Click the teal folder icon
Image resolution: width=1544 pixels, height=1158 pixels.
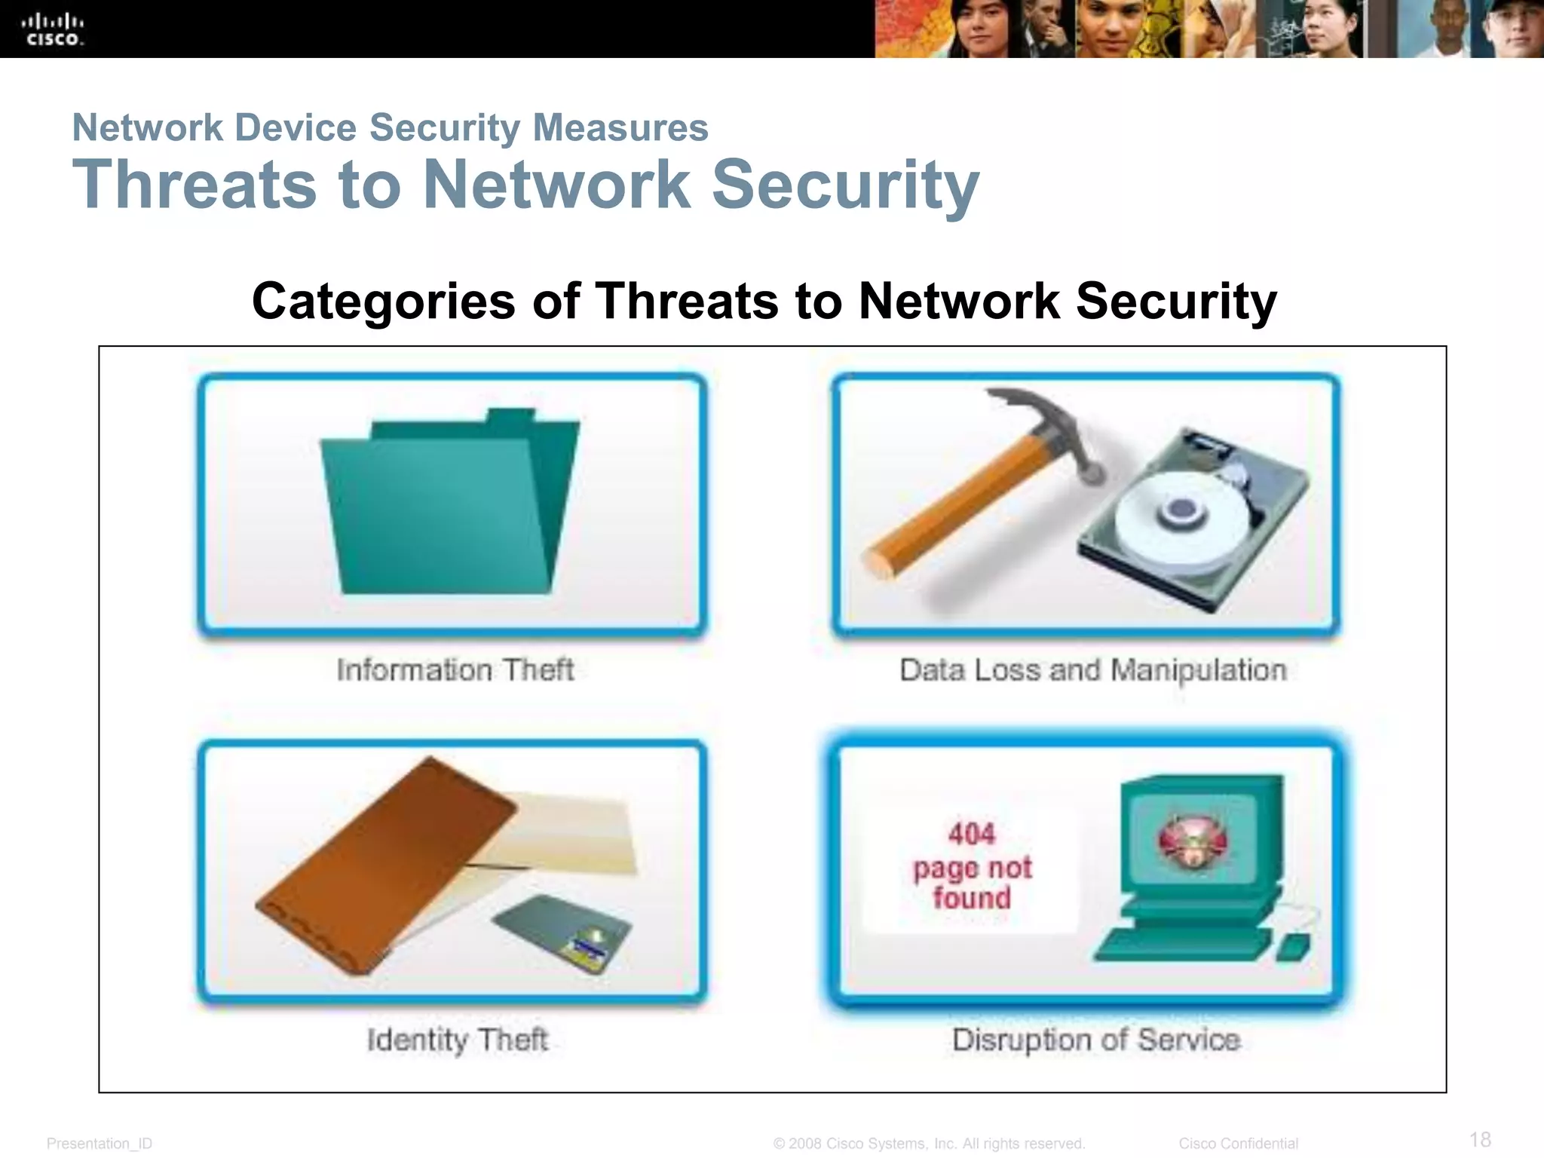tap(445, 513)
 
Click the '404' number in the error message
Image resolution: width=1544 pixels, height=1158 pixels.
tap(971, 834)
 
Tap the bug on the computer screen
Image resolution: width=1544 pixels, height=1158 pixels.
tap(1191, 841)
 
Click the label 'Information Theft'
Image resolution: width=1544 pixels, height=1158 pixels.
tap(455, 669)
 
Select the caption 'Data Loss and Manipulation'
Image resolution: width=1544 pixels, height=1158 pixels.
tap(1093, 669)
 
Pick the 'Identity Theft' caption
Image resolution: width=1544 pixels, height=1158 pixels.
tap(457, 1040)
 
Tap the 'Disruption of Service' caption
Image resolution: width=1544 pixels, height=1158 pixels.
tap(1095, 1040)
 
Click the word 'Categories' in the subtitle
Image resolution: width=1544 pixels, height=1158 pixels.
tap(384, 301)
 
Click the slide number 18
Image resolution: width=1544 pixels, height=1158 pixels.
tap(1480, 1138)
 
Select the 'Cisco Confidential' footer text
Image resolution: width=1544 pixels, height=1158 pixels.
tap(1238, 1144)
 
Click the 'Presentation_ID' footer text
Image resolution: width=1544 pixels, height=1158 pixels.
tap(100, 1144)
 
